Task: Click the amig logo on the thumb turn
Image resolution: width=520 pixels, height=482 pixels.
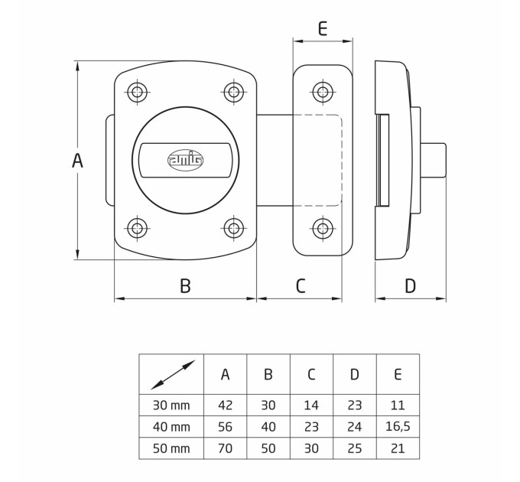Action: tap(185, 160)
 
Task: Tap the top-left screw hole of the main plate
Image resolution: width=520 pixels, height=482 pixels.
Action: tap(137, 92)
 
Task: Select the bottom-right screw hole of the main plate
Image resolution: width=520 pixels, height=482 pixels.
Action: tap(234, 228)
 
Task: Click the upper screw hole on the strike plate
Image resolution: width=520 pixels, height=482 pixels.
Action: tap(323, 92)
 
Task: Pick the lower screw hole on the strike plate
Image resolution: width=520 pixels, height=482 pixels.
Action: tap(323, 228)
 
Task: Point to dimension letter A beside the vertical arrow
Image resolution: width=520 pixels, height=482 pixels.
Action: tap(77, 161)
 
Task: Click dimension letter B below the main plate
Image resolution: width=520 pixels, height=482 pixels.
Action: tap(185, 285)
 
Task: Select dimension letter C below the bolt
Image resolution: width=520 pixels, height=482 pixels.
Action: tap(301, 285)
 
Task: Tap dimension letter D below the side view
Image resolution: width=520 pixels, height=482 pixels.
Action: tap(410, 285)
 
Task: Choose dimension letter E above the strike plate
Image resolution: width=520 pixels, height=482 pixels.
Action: tap(323, 28)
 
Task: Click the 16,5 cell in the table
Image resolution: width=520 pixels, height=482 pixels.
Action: tap(398, 427)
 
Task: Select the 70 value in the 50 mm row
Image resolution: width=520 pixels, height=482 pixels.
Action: tap(225, 448)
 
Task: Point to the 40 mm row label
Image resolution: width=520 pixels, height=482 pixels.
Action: tap(171, 427)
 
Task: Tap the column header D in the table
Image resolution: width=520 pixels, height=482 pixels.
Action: tap(355, 375)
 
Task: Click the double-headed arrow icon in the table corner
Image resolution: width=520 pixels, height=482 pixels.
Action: tap(173, 375)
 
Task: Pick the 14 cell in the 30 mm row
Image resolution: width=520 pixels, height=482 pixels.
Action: tap(311, 405)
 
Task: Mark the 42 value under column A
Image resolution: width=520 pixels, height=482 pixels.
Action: tap(225, 405)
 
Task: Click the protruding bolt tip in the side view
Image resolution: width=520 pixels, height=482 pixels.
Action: tap(433, 160)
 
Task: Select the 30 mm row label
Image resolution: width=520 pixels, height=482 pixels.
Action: tap(171, 405)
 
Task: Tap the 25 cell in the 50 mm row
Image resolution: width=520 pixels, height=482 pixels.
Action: tap(355, 448)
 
